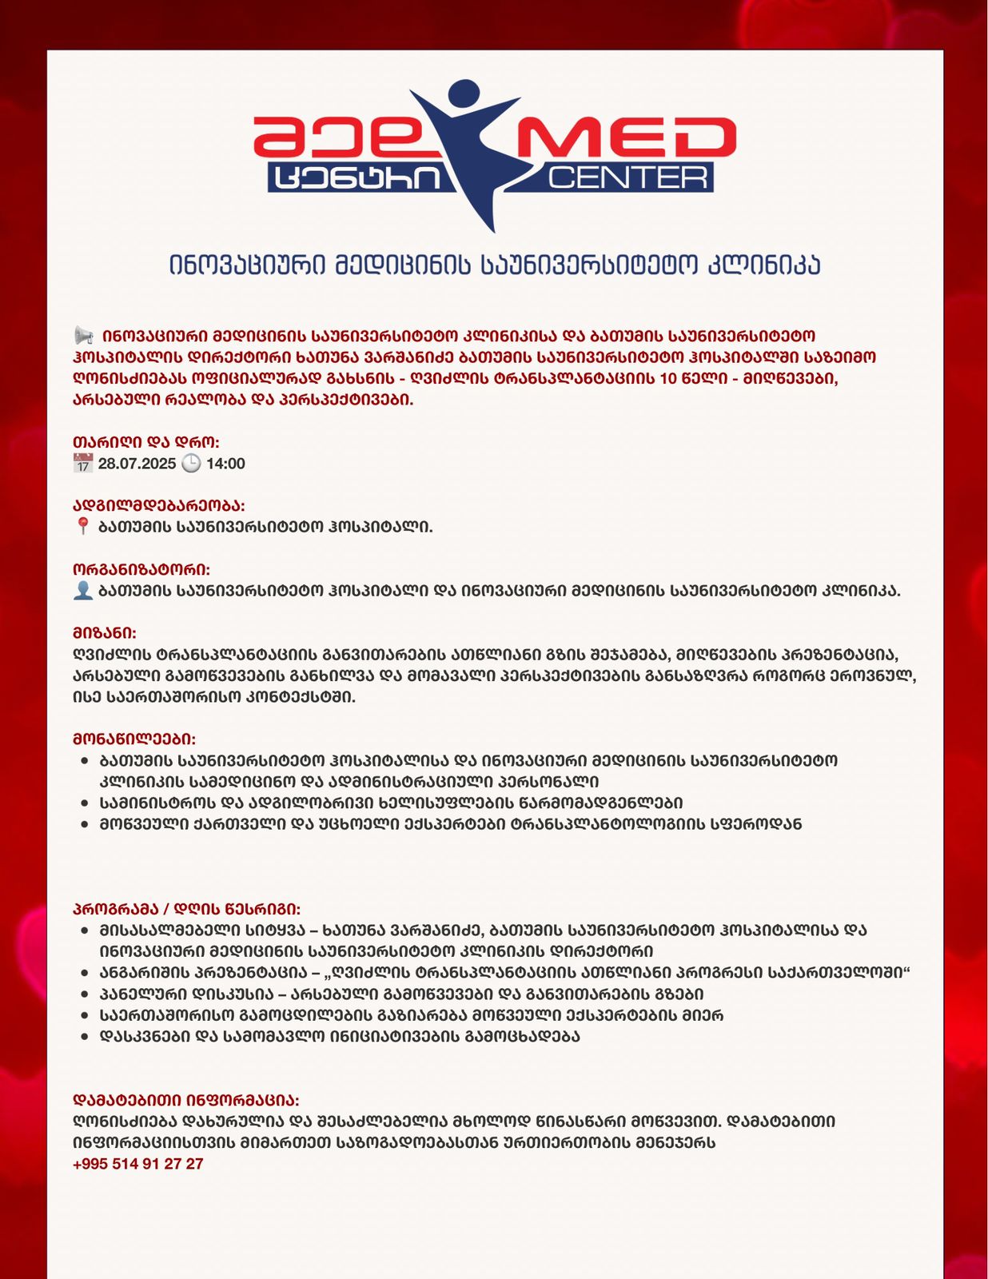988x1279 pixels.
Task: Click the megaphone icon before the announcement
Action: (x=83, y=335)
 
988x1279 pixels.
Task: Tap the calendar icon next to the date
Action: (x=83, y=463)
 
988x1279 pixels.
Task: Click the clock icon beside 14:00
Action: (x=191, y=463)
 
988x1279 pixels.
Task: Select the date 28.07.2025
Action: (x=137, y=464)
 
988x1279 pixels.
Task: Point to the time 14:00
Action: (x=225, y=464)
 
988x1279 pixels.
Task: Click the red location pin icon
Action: (x=82, y=526)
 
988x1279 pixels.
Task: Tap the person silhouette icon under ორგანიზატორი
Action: (x=83, y=590)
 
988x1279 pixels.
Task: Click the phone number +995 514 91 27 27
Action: (x=137, y=1164)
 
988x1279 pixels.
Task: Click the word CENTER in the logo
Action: (x=628, y=177)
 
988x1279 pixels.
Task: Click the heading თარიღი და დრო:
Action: (x=145, y=442)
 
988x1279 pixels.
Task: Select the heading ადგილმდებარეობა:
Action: (x=158, y=505)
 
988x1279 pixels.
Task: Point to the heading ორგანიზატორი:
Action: (x=141, y=569)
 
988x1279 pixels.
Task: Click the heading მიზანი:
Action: (x=104, y=632)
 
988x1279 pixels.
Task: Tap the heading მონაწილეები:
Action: (x=133, y=739)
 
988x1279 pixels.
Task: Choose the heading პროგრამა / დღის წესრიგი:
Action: (x=186, y=909)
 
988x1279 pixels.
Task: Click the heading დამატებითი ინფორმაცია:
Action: (x=185, y=1100)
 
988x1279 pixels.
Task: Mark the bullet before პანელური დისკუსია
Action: (x=85, y=994)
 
